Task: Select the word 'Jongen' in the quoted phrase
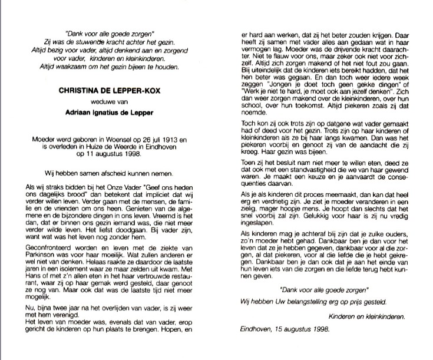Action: [x=270, y=101]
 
